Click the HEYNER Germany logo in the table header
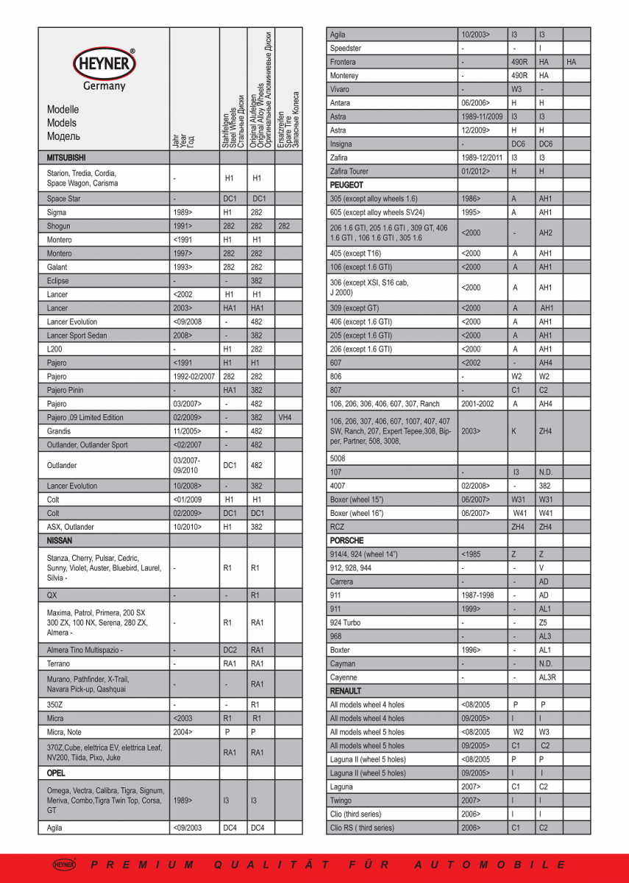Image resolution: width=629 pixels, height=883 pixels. coord(104,70)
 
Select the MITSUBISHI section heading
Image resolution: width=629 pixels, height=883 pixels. coord(66,157)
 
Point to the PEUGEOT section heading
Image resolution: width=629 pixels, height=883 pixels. coord(347,185)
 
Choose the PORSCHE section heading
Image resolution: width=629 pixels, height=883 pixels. coord(347,540)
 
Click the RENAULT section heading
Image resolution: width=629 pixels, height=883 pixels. coord(346,691)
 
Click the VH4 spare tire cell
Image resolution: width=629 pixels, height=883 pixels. coord(285,417)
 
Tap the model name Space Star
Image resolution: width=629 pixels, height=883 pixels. coord(64,199)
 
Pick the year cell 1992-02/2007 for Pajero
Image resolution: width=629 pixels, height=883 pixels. coord(193,377)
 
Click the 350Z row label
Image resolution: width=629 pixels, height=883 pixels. coord(55,704)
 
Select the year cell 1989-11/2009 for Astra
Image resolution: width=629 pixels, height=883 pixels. coord(482,117)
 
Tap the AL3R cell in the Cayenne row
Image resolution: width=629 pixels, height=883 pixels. coord(547,677)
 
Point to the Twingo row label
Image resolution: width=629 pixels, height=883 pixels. coord(341,801)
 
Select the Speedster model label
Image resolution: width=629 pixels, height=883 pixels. coord(345,49)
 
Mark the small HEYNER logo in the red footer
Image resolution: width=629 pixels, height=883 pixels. coord(64,865)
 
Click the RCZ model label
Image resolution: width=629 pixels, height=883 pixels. coord(338,526)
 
